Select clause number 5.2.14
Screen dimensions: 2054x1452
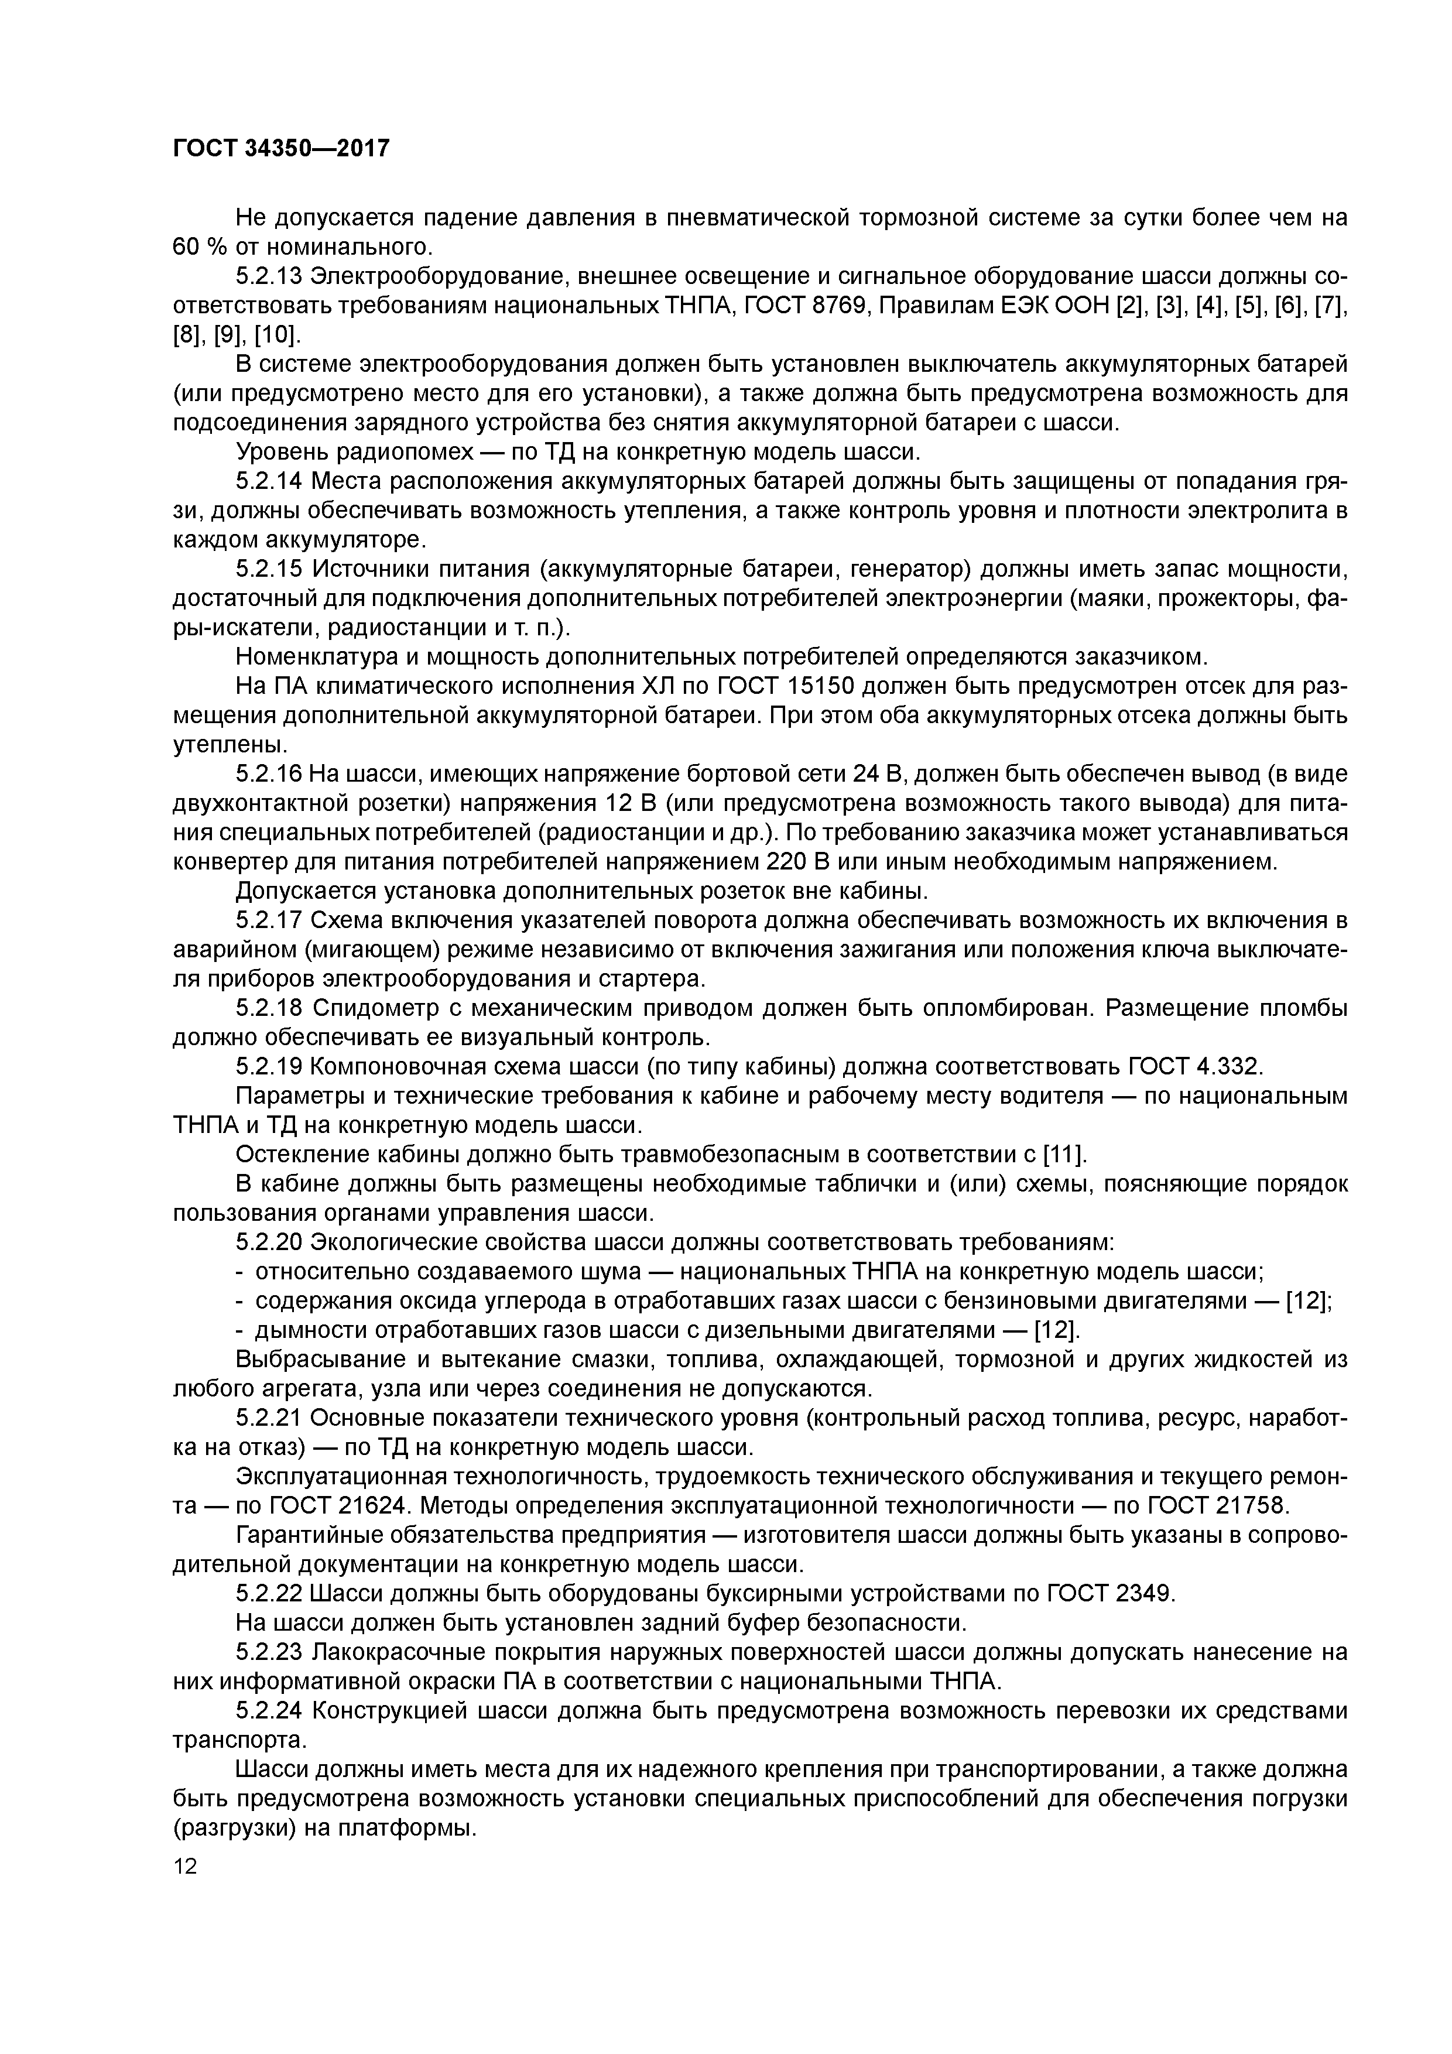269,481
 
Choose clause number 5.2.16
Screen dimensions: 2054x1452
269,774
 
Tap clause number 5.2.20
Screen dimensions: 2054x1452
269,1242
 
